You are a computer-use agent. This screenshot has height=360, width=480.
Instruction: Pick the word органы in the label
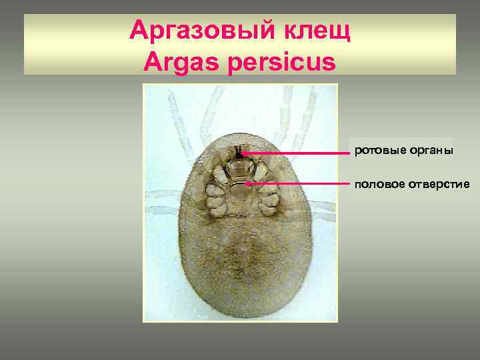point(429,151)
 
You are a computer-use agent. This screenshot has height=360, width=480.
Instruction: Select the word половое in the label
point(380,183)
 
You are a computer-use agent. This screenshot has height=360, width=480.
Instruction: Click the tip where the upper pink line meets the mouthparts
point(243,153)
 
